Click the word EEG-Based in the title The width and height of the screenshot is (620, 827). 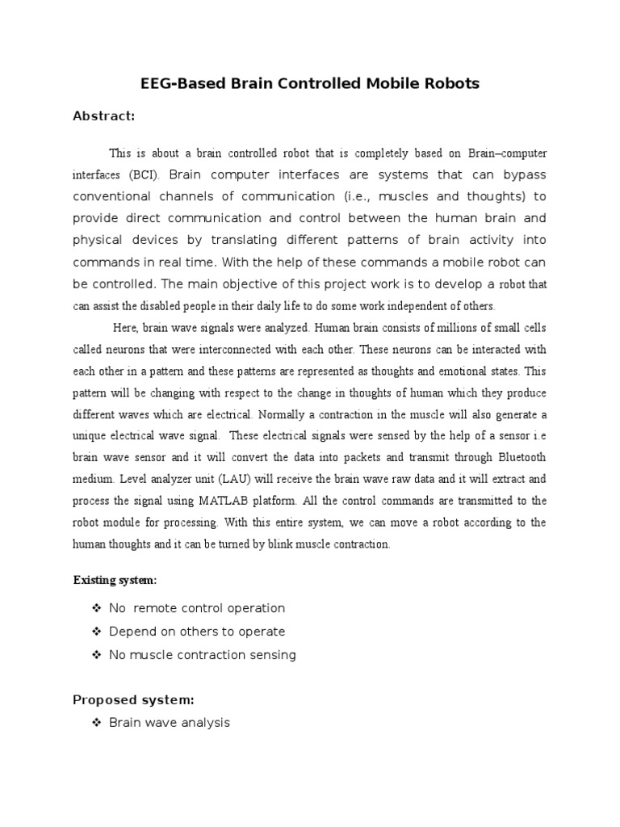click(172, 83)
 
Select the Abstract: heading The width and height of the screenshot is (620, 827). click(104, 116)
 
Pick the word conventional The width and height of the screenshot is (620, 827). click(116, 196)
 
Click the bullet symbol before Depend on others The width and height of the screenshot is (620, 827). click(97, 632)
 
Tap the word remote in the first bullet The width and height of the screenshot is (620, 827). click(158, 608)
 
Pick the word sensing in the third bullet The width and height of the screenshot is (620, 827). click(274, 655)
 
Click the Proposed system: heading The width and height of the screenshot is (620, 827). click(133, 699)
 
